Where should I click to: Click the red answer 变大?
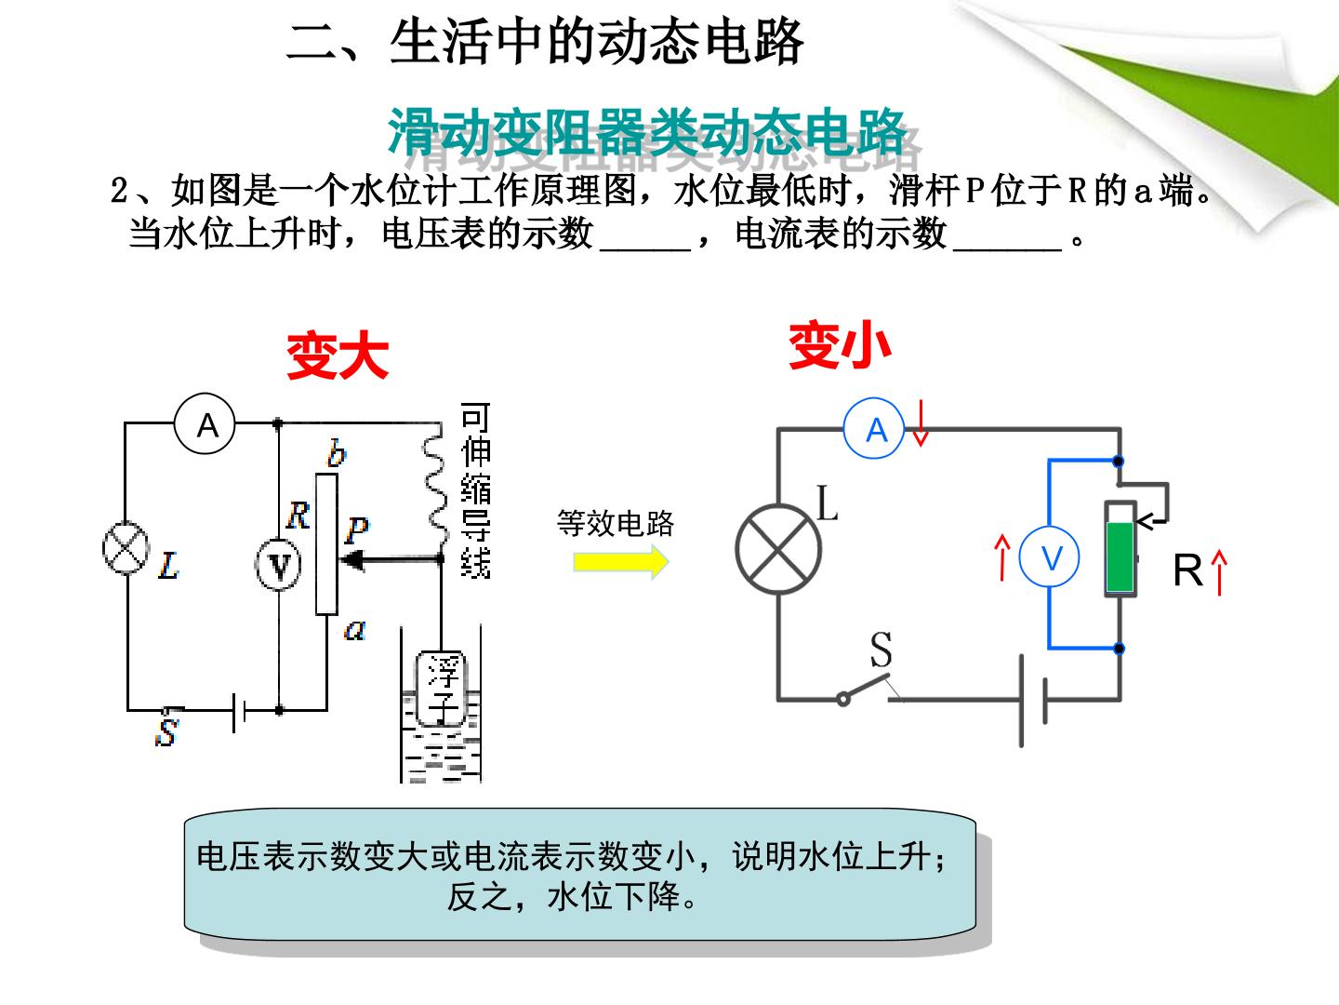(338, 355)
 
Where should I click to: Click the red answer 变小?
(840, 345)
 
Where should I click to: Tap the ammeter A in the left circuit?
(205, 423)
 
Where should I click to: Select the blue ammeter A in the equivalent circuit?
(873, 430)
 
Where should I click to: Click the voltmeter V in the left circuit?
(277, 565)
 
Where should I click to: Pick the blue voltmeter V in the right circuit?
(1049, 557)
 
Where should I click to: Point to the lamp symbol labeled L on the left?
(126, 548)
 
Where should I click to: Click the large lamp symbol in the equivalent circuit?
(778, 549)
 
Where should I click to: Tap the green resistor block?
(1120, 557)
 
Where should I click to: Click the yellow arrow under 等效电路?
(621, 561)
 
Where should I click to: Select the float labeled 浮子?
(441, 688)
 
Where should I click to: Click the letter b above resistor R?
(336, 453)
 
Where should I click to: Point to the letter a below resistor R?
(354, 629)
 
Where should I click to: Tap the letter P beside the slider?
(356, 529)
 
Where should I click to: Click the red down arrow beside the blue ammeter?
(921, 422)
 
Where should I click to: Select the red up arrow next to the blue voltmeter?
(1001, 557)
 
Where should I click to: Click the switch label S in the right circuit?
(881, 650)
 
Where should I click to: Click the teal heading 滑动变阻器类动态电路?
(646, 132)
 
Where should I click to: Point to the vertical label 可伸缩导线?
(476, 490)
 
